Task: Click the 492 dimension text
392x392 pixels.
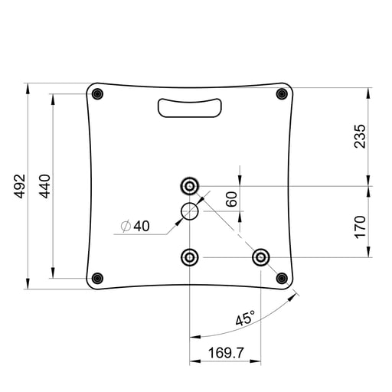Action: [x=20, y=186]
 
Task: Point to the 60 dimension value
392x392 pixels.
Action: [x=230, y=198]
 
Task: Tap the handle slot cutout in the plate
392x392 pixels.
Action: [x=188, y=108]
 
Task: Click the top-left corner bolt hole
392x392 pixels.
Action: [x=96, y=93]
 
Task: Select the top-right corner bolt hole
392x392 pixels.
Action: [x=283, y=93]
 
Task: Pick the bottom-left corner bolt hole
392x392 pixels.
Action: [x=96, y=277]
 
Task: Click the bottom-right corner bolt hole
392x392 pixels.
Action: [x=282, y=277]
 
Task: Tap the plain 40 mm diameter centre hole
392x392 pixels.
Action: [x=189, y=211]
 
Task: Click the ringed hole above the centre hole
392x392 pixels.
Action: [x=189, y=185]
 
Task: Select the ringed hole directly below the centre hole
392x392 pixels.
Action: [x=189, y=256]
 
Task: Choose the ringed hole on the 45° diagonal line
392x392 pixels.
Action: [x=261, y=256]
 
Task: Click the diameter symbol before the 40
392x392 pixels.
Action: [x=125, y=226]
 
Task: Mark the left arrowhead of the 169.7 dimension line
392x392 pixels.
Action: [x=192, y=362]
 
